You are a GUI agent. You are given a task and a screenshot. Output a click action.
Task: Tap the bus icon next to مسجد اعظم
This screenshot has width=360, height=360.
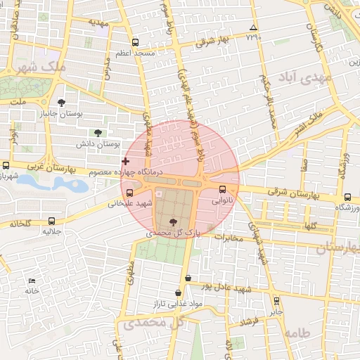[x=135, y=41]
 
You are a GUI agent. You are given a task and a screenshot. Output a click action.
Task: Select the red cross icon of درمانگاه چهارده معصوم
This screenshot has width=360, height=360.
[x=125, y=162]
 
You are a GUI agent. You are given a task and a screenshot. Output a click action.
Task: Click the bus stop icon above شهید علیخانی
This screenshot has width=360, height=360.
[x=129, y=193]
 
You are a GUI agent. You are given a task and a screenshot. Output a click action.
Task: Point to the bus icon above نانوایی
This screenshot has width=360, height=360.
[x=223, y=189]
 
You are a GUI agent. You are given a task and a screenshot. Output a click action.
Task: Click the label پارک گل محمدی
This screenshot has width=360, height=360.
[x=173, y=231]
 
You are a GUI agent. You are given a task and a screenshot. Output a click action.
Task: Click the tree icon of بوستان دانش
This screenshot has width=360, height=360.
[x=97, y=133]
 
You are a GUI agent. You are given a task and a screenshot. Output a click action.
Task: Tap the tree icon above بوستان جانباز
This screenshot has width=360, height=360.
[x=70, y=102]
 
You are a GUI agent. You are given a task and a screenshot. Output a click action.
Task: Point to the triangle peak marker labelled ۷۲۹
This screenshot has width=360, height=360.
[x=253, y=29]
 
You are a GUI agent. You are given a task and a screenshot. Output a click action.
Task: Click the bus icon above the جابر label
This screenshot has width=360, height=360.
[x=276, y=300]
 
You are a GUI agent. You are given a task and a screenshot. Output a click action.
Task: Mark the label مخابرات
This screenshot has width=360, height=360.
[x=228, y=237]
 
